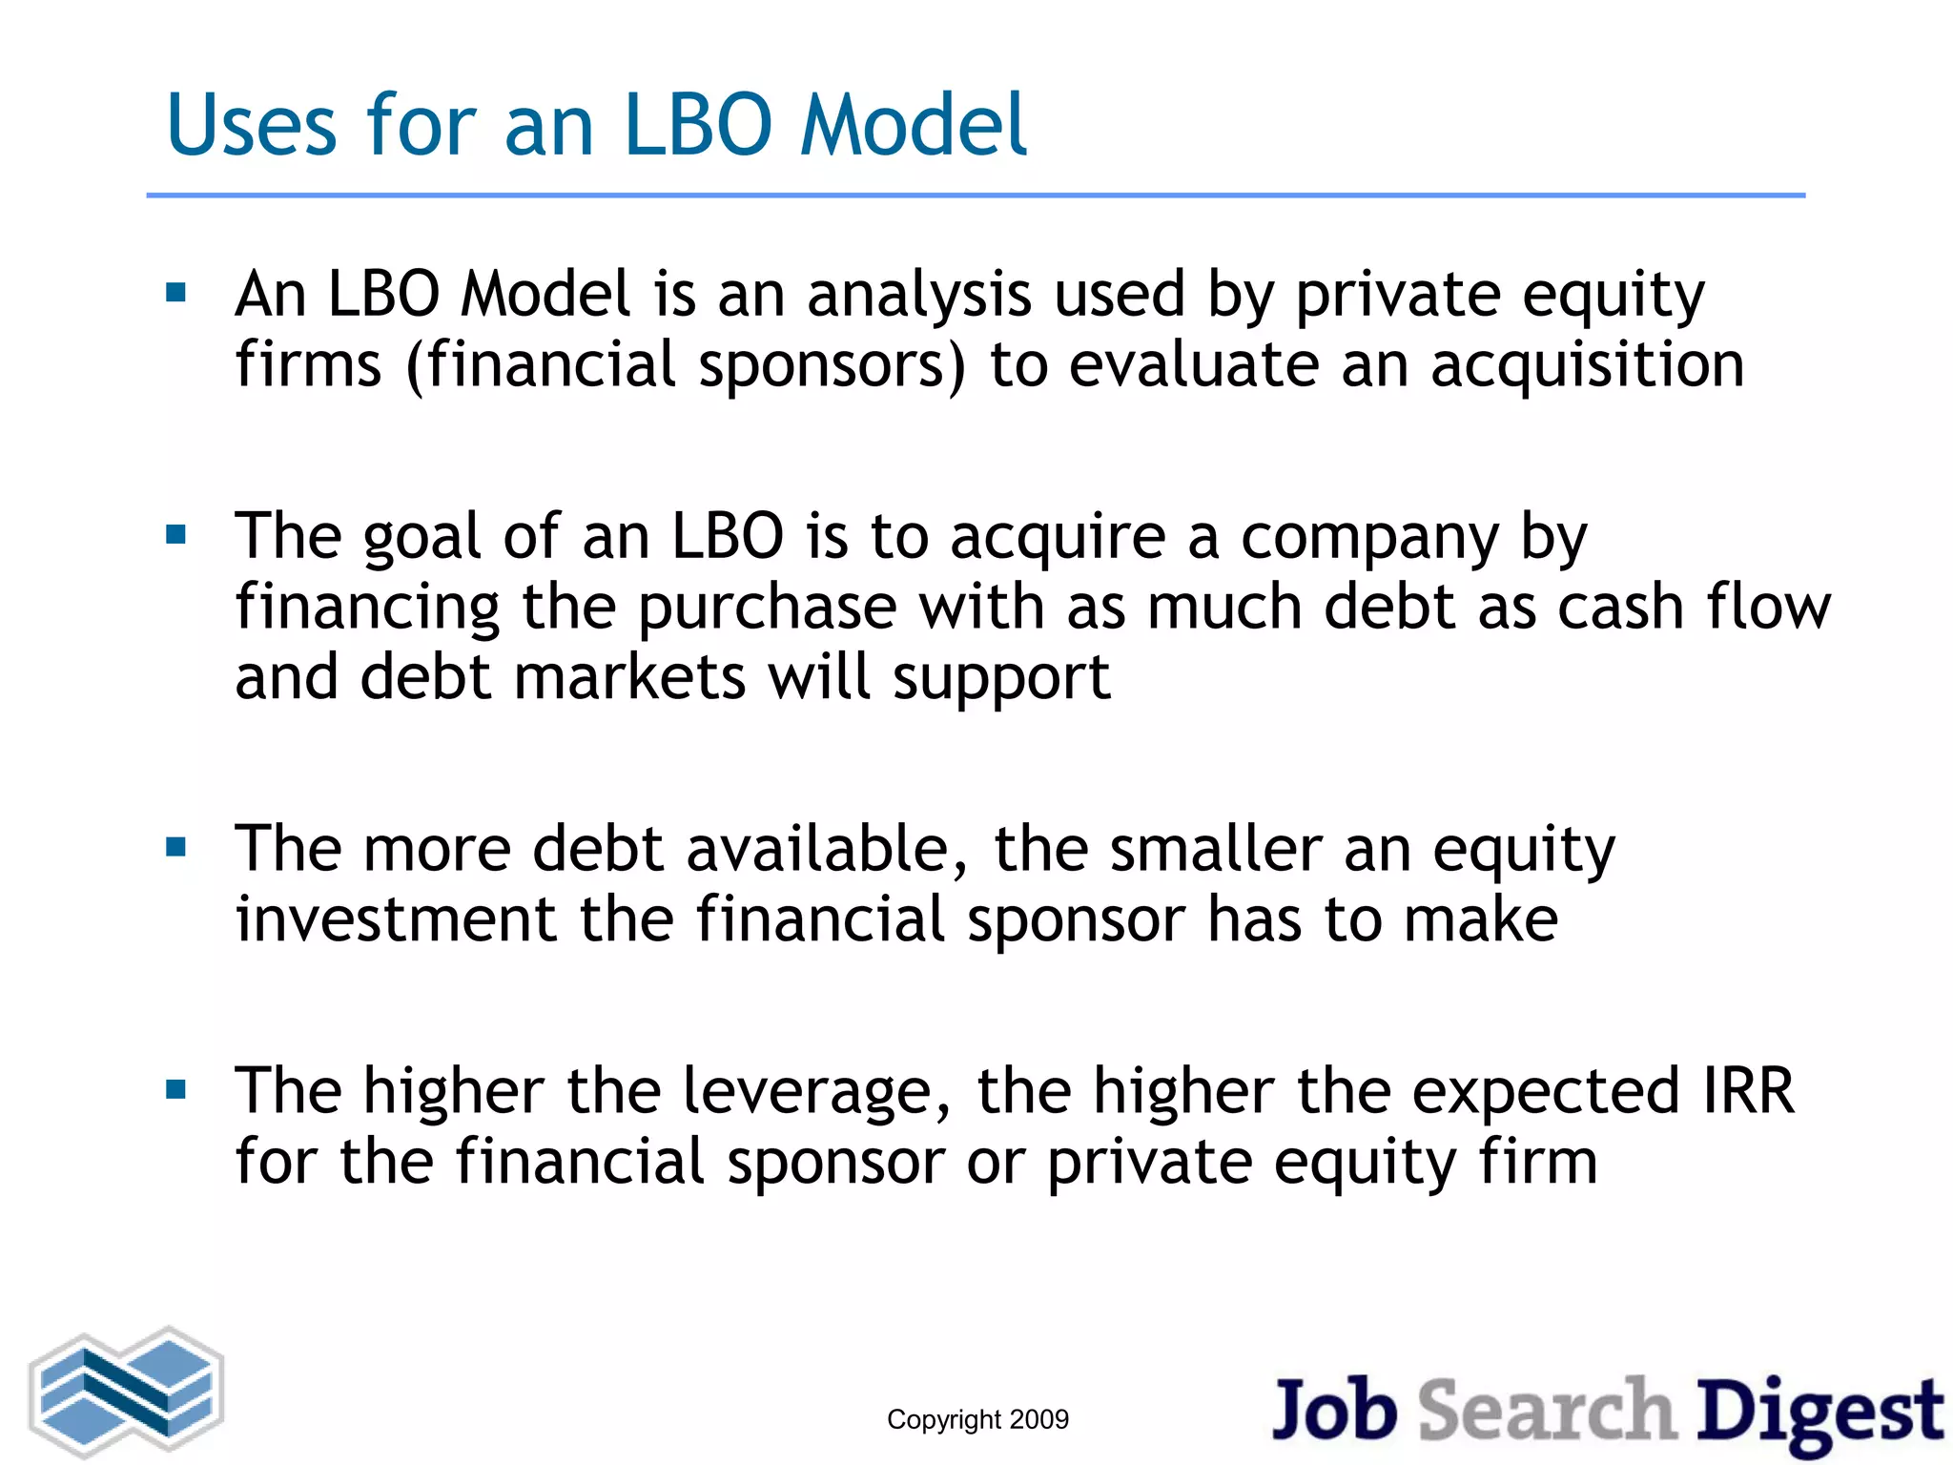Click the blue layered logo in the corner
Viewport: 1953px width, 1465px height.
point(127,1392)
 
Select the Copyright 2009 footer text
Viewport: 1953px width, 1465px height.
point(977,1419)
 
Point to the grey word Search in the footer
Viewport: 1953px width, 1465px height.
point(1547,1411)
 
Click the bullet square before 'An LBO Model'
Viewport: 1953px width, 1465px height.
point(175,292)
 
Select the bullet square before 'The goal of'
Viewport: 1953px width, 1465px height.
point(175,534)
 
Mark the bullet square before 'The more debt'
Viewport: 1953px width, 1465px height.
point(175,847)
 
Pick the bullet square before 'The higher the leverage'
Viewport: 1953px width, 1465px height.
point(175,1089)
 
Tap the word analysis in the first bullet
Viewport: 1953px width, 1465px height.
point(919,295)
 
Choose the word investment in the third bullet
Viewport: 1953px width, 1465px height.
point(396,919)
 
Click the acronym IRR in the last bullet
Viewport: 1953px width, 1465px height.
point(1748,1091)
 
